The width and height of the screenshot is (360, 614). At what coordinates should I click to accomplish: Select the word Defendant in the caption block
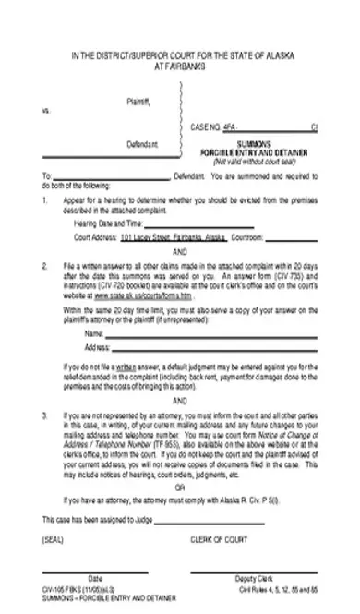tap(142, 144)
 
